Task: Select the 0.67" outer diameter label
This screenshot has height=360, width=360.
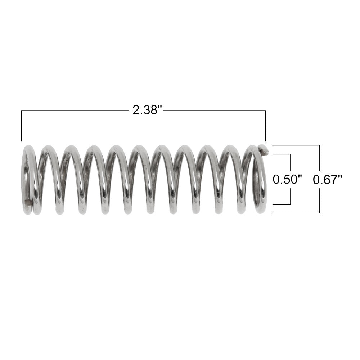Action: click(x=327, y=179)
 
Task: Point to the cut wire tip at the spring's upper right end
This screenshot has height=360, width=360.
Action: click(x=263, y=149)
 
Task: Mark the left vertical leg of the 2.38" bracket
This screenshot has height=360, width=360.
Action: click(x=22, y=126)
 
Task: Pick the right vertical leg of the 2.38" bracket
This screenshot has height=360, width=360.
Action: click(x=265, y=126)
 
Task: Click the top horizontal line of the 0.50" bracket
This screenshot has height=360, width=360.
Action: click(x=282, y=154)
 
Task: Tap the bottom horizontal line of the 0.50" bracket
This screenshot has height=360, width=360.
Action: click(x=282, y=204)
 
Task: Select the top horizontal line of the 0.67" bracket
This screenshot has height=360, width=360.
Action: click(x=296, y=145)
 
